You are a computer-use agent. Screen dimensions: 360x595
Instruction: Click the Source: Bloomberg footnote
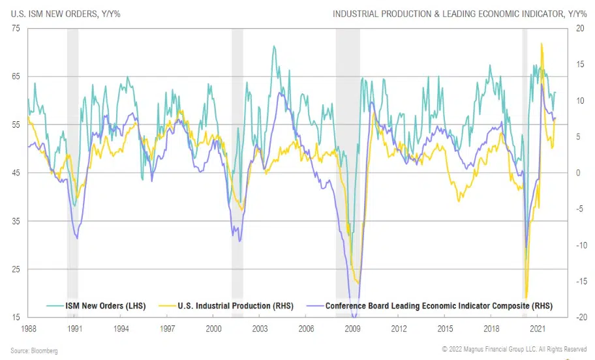point(34,351)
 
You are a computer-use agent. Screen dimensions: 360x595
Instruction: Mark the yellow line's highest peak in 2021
point(542,44)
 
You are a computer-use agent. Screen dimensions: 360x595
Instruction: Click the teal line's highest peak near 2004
point(274,46)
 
